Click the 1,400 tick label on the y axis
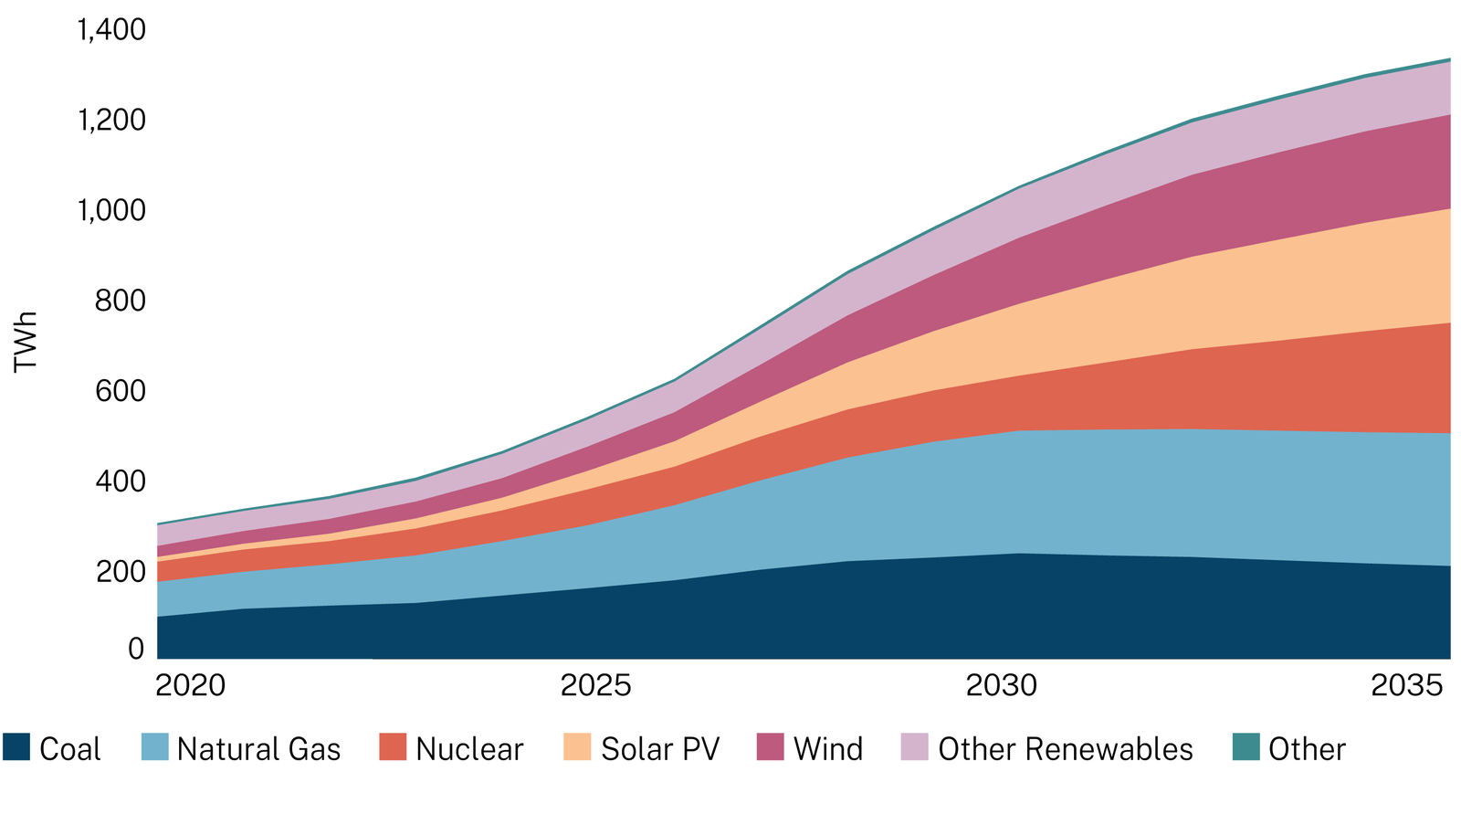coord(111,30)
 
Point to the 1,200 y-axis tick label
coord(111,120)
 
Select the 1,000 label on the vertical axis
coord(111,210)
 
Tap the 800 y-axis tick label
coord(121,301)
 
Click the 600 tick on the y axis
coord(121,391)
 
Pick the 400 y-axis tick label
coord(121,481)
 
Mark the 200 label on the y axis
coord(121,572)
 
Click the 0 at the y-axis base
coord(136,649)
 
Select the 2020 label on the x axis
coord(190,685)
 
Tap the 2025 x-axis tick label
coord(595,685)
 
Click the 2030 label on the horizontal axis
coord(1002,685)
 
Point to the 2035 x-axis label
coord(1407,685)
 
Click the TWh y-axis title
coord(26,341)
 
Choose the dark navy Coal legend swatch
coord(16,747)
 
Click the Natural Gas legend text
coord(258,749)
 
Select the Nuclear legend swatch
coord(393,747)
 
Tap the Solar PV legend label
coord(660,749)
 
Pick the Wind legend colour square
coord(771,747)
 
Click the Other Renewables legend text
coord(1065,749)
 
